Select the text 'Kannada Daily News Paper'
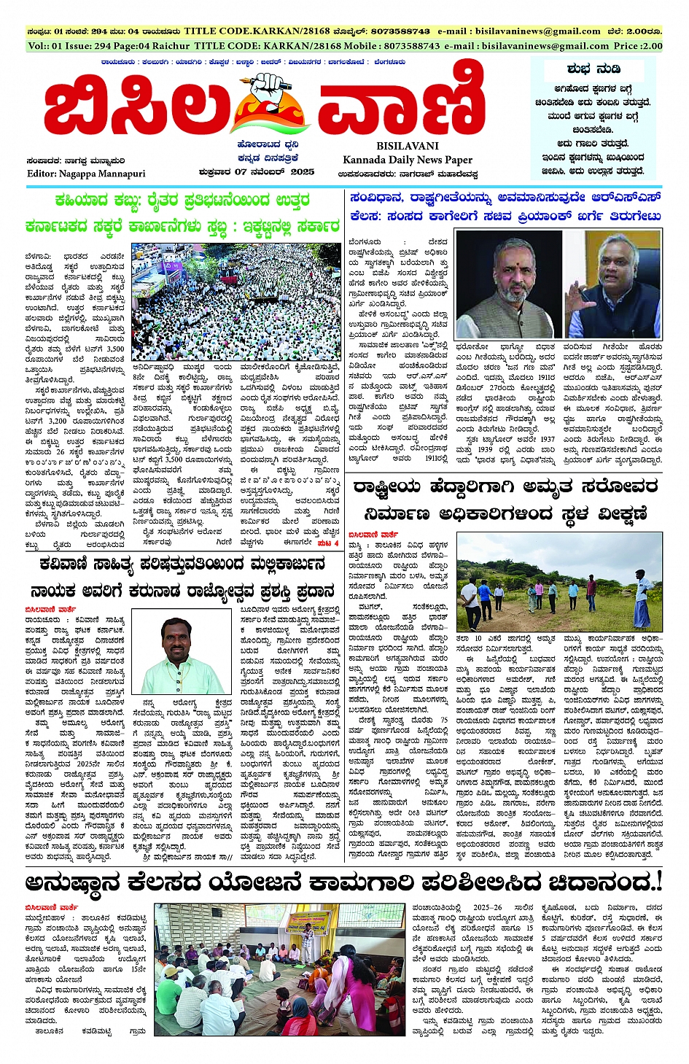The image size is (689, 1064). (x=408, y=160)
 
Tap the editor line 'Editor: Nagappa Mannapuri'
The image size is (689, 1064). (x=86, y=174)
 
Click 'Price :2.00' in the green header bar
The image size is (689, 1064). (x=638, y=45)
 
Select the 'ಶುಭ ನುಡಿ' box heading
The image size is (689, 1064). (x=593, y=69)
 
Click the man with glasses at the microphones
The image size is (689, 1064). (x=614, y=284)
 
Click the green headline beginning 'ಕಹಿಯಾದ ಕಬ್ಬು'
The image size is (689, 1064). (x=182, y=201)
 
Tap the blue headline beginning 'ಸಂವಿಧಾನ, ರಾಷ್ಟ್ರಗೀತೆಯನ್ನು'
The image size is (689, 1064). (x=505, y=198)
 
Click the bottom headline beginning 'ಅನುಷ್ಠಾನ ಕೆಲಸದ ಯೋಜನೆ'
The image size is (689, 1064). (x=343, y=882)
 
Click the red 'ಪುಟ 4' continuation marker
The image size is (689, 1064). (x=328, y=543)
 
